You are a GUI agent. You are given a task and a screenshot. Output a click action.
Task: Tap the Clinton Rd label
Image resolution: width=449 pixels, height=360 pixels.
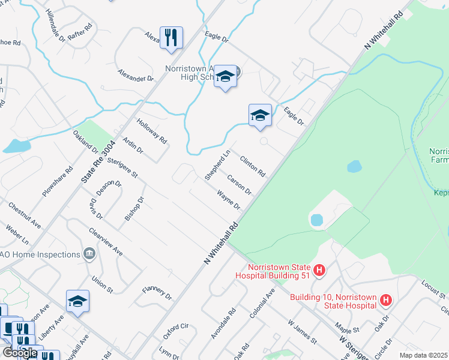(253, 166)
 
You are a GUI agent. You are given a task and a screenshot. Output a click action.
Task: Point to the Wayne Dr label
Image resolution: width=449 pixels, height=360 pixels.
(229, 200)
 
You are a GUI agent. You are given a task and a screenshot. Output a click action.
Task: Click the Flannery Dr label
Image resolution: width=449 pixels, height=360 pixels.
(157, 293)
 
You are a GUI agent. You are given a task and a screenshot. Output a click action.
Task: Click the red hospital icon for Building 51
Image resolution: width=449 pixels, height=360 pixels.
(319, 271)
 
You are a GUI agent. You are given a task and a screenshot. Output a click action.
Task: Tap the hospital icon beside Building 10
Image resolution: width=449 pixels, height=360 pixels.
(387, 299)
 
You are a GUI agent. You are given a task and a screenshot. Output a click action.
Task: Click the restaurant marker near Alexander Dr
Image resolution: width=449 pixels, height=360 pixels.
(171, 38)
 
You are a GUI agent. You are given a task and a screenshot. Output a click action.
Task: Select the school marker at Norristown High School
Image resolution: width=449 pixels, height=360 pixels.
(225, 77)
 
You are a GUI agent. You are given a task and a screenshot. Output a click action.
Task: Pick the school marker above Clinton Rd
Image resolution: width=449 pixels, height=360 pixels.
(260, 115)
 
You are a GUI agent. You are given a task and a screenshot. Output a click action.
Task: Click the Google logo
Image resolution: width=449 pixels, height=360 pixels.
(19, 352)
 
